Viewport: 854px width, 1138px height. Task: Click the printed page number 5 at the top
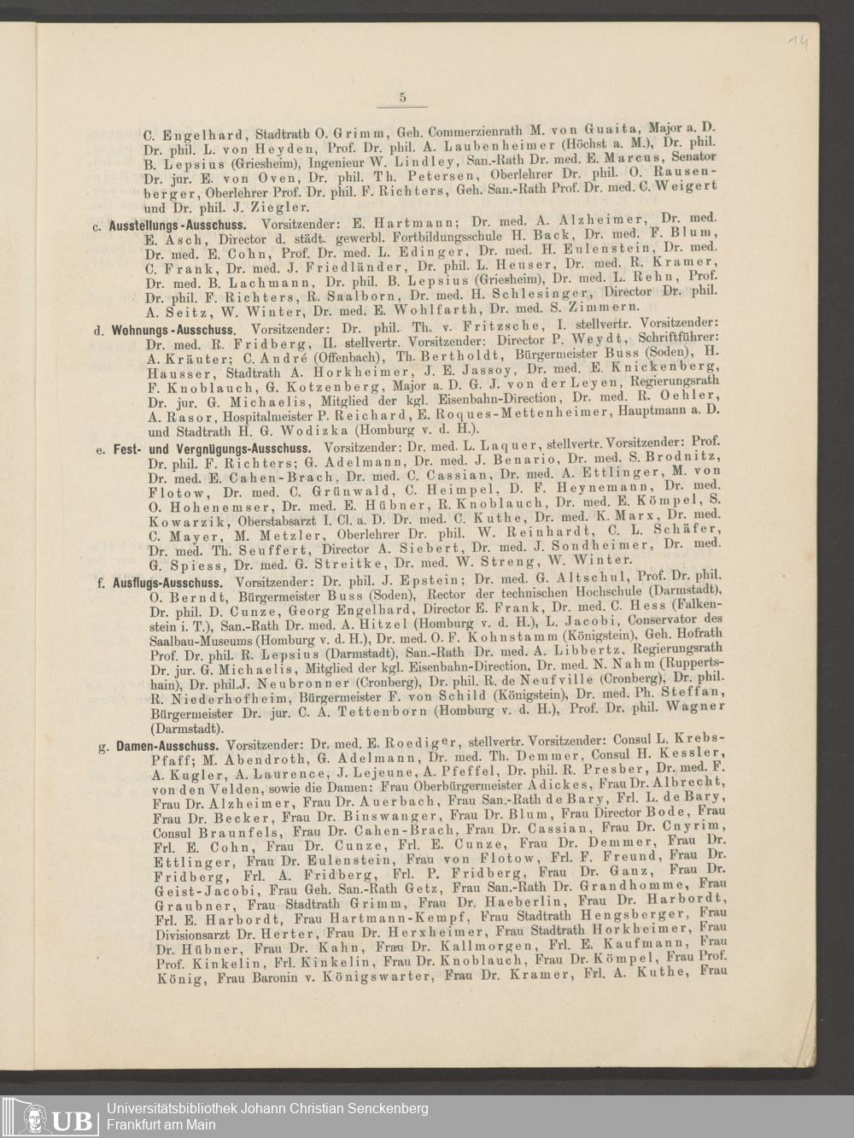[402, 97]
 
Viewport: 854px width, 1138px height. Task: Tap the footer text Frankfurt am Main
[161, 1125]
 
